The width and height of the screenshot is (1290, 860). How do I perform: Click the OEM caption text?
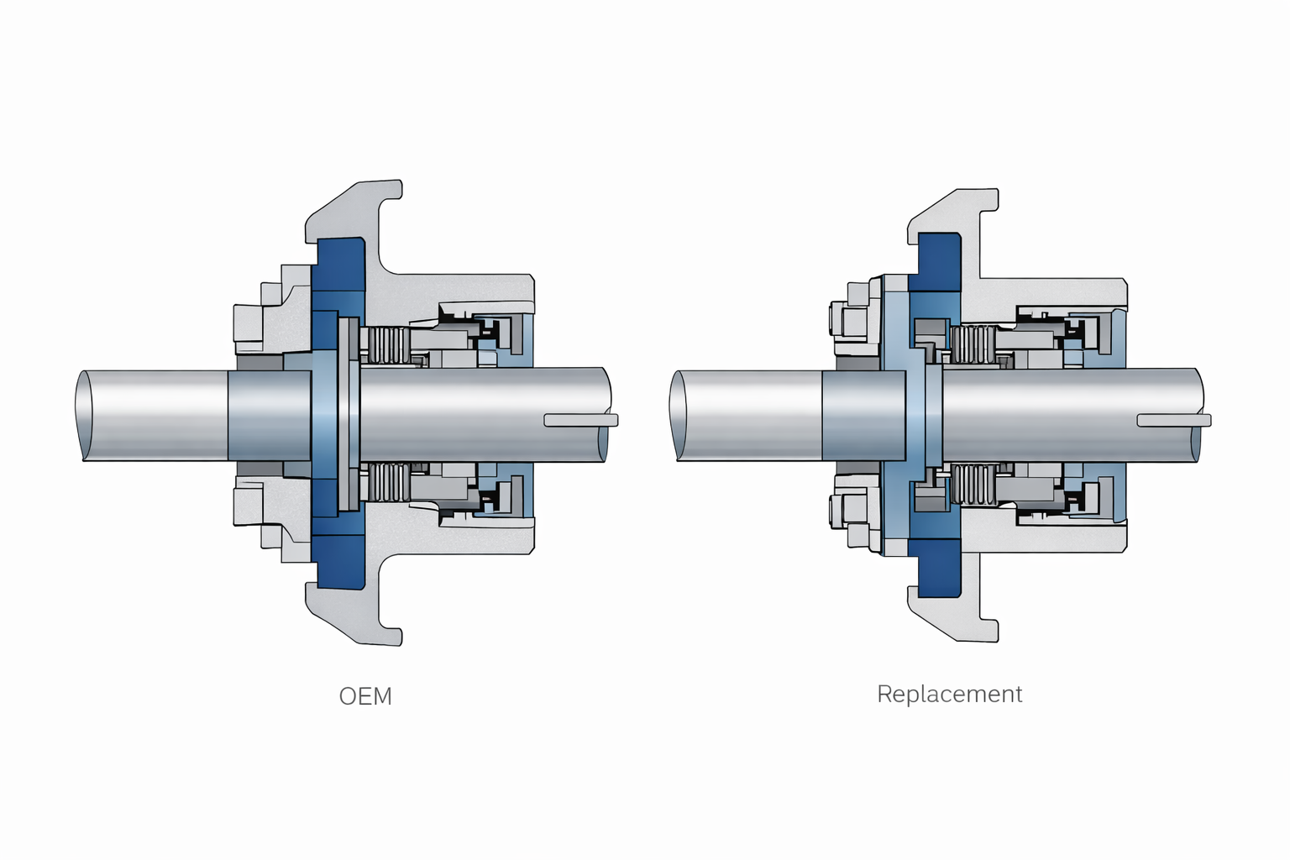pyautogui.click(x=365, y=696)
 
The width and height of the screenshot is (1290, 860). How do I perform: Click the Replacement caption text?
pyautogui.click(x=949, y=694)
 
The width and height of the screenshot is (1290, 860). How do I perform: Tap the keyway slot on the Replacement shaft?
pyautogui.click(x=1173, y=420)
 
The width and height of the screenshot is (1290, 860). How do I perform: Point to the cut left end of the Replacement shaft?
pyautogui.click(x=679, y=415)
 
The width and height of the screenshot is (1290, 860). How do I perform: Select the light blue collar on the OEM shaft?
pyautogui.click(x=323, y=415)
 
